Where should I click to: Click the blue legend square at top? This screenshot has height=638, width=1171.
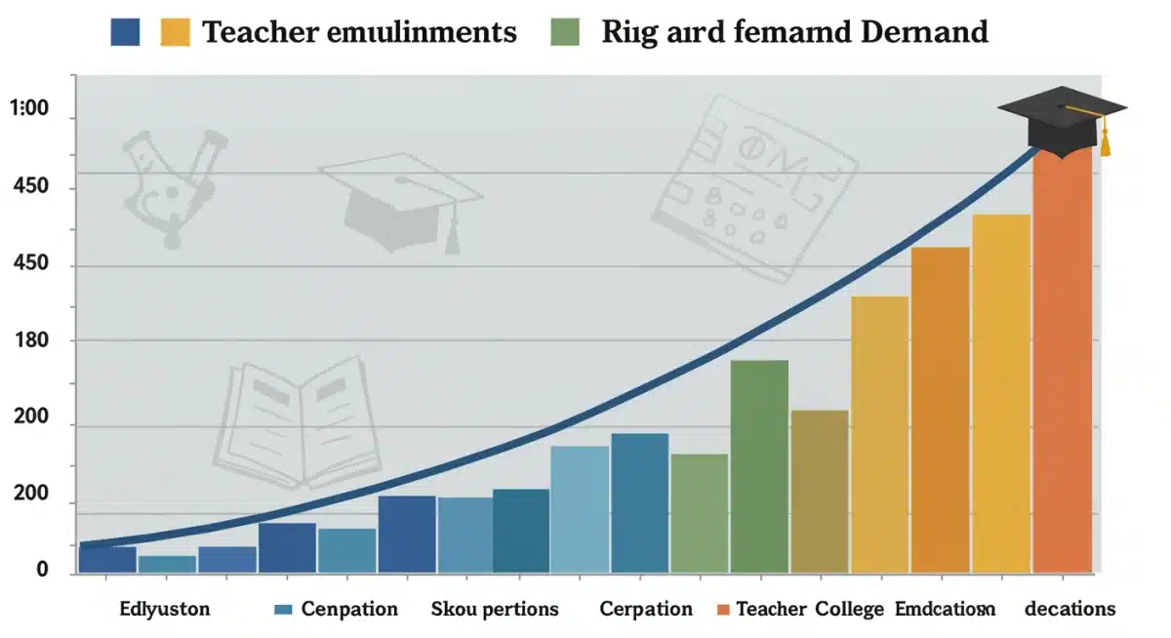pyautogui.click(x=126, y=31)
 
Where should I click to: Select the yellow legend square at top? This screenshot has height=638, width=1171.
pyautogui.click(x=176, y=31)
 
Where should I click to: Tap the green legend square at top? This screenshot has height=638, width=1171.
pyautogui.click(x=566, y=31)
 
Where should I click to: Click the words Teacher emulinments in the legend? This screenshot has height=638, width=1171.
pyautogui.click(x=358, y=32)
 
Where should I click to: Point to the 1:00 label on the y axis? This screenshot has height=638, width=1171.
pyautogui.click(x=28, y=109)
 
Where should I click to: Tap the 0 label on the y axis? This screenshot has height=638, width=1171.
pyautogui.click(x=42, y=569)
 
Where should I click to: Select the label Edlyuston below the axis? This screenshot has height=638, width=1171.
pyautogui.click(x=165, y=610)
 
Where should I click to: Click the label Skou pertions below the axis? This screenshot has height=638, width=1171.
pyautogui.click(x=495, y=610)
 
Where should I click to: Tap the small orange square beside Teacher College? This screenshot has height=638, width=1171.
pyautogui.click(x=723, y=610)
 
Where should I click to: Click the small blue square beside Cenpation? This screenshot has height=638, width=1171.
pyautogui.click(x=284, y=610)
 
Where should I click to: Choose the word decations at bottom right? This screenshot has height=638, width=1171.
pyautogui.click(x=1070, y=610)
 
